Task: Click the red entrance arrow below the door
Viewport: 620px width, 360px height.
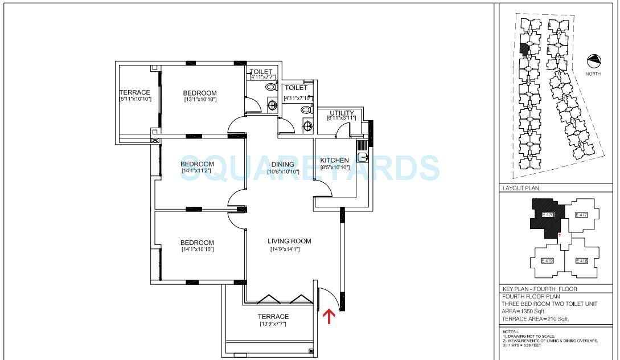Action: (329, 316)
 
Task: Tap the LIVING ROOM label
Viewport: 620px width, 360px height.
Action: (289, 241)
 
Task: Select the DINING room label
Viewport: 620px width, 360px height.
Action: (282, 165)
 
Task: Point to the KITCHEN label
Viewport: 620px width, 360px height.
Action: (335, 161)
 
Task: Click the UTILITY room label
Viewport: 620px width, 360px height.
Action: (342, 113)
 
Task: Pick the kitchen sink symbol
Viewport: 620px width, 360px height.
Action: (363, 158)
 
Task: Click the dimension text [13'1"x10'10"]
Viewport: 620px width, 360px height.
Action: (200, 100)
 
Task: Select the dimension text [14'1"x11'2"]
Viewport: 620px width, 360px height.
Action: (198, 170)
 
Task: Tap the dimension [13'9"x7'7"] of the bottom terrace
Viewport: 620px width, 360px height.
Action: (273, 324)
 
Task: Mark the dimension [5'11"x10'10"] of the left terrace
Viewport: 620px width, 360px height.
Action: (134, 99)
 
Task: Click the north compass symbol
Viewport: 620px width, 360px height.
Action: (594, 60)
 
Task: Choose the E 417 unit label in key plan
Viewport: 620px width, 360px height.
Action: (581, 215)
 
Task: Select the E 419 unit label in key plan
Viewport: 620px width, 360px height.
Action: (547, 261)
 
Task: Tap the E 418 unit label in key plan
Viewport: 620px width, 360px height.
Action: (581, 261)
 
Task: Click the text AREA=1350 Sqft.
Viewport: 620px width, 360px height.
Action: (524, 311)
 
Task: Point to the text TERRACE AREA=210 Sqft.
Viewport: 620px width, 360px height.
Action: (535, 319)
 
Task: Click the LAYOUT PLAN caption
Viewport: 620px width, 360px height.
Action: (521, 187)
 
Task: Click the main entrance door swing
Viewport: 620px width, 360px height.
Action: (327, 299)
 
